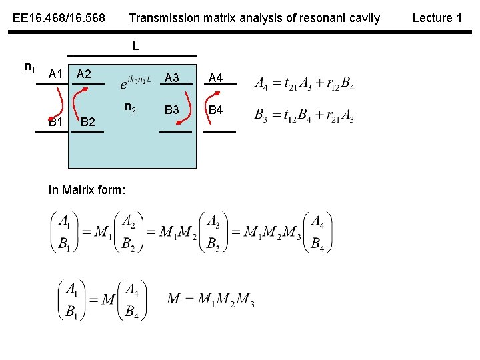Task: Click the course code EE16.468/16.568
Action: (59, 18)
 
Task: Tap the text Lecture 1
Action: (437, 18)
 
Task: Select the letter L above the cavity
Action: (135, 46)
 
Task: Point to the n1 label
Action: (30, 67)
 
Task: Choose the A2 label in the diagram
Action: (84, 73)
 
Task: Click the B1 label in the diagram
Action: (55, 122)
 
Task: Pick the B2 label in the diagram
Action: (88, 122)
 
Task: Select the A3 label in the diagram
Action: (171, 78)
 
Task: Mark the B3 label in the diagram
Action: (171, 109)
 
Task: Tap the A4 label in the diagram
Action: (215, 78)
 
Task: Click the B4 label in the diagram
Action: (215, 109)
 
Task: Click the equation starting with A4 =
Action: (304, 84)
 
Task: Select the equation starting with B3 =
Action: (304, 115)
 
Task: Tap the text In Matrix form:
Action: (87, 190)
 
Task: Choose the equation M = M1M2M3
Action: (210, 299)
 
